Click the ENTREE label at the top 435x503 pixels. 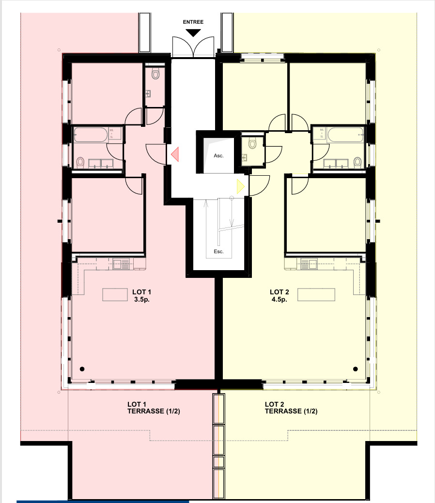tap(193, 22)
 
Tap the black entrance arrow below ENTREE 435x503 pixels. tap(193, 33)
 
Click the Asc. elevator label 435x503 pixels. tap(219, 156)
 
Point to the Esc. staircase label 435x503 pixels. tap(218, 252)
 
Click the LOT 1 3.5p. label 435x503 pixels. tap(142, 295)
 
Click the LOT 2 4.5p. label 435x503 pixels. tap(279, 295)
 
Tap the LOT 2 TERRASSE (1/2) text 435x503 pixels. tap(291, 408)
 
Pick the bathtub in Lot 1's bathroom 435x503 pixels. tap(90, 135)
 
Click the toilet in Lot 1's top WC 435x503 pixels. tap(155, 74)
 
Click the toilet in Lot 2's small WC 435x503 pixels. tap(252, 143)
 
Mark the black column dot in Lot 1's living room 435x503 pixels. tap(82, 368)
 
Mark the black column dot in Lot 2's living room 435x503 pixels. tap(356, 368)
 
